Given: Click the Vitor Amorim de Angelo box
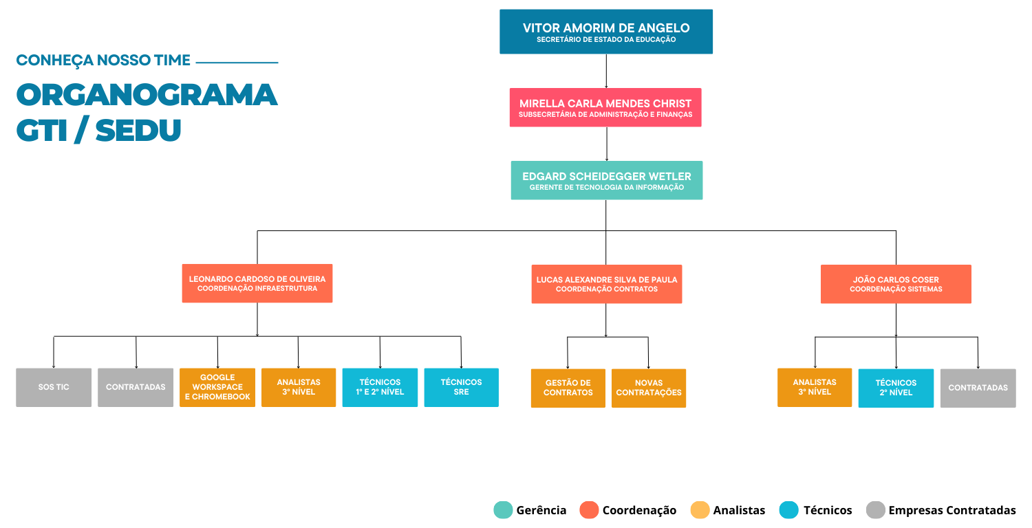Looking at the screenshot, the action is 606,32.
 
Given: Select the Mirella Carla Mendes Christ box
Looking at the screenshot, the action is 605,107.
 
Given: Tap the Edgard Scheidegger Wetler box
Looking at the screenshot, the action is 607,180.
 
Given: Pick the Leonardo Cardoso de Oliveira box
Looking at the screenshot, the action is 257,283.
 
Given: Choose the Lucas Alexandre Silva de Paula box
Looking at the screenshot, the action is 607,284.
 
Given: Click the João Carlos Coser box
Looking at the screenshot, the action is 896,284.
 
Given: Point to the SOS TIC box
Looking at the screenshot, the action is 54,387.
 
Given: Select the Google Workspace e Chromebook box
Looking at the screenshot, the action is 217,387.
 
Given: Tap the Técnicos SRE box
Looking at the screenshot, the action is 461,387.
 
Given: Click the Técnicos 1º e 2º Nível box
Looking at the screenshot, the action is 380,387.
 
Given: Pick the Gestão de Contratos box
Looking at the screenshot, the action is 568,388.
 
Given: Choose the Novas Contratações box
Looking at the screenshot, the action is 649,388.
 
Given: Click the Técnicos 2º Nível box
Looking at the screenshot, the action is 896,388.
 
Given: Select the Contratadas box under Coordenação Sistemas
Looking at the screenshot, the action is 978,388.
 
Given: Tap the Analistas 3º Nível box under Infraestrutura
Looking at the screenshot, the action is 299,387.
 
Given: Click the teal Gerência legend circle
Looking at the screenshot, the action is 503,509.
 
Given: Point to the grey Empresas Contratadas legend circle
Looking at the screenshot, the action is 875,509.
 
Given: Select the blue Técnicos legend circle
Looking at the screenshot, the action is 788,509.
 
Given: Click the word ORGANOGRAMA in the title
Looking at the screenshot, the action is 147,94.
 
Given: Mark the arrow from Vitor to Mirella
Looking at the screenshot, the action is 606,71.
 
